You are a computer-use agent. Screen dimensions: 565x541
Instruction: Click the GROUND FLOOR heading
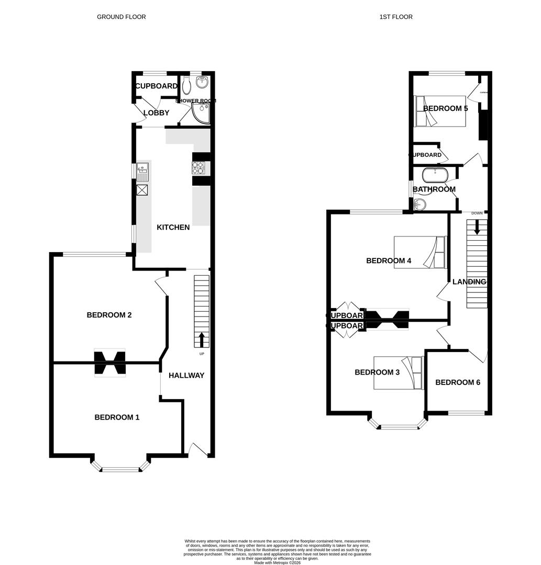pyautogui.click(x=121, y=17)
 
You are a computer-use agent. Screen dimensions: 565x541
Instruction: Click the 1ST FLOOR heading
pyautogui.click(x=396, y=17)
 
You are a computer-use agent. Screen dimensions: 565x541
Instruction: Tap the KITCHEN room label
pyautogui.click(x=173, y=228)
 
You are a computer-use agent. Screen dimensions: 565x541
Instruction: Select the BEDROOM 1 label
pyautogui.click(x=117, y=417)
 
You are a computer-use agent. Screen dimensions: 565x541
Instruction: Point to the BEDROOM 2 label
pyautogui.click(x=109, y=315)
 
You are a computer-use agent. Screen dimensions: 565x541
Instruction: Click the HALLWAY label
pyautogui.click(x=186, y=376)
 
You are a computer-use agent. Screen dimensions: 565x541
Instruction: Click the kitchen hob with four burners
pyautogui.click(x=198, y=168)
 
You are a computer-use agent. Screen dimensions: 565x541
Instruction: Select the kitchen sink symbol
pyautogui.click(x=142, y=171)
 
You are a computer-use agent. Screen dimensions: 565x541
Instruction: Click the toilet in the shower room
pyautogui.click(x=187, y=84)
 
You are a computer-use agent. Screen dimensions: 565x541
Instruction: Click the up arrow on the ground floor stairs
pyautogui.click(x=202, y=340)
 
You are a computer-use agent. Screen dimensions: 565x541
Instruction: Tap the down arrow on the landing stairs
pyautogui.click(x=477, y=227)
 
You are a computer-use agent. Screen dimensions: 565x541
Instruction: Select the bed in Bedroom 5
pyautogui.click(x=440, y=111)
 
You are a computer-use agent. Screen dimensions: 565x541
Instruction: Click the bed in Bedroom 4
pyautogui.click(x=421, y=252)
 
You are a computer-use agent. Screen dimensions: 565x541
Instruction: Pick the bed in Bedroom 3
pyautogui.click(x=398, y=373)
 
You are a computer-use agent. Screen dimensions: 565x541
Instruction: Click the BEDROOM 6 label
pyautogui.click(x=458, y=382)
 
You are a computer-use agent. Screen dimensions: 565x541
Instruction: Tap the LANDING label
pyautogui.click(x=469, y=282)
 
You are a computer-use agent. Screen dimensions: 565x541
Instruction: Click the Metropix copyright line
pyautogui.click(x=278, y=562)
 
